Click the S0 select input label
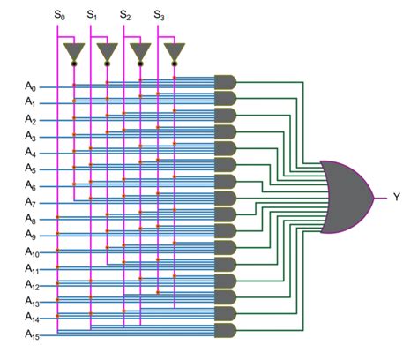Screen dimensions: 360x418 [59, 15]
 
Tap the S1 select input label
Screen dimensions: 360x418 [93, 15]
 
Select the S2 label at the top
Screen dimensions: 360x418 [125, 15]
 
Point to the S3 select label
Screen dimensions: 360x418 [159, 15]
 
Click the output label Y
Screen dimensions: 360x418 [396, 197]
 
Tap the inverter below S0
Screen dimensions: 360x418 [74, 52]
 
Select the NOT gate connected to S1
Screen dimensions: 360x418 [107, 52]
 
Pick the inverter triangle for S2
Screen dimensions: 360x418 [140, 52]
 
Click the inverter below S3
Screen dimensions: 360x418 [174, 52]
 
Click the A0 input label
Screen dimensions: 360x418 [30, 86]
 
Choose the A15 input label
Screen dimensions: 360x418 [31, 334]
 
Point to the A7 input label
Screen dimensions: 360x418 [30, 202]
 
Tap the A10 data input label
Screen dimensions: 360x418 [31, 251]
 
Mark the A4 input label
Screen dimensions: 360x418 [30, 153]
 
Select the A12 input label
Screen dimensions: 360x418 [31, 284]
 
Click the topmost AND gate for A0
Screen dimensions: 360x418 [226, 82]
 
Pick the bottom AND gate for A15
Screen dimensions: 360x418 [226, 330]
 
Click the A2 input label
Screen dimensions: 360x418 [30, 119]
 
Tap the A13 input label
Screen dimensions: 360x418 [31, 301]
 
